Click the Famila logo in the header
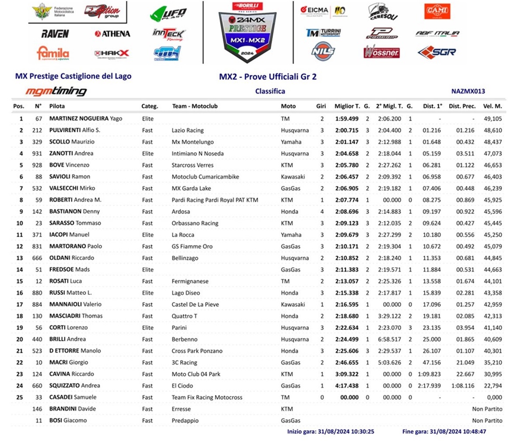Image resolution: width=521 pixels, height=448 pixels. (53, 53)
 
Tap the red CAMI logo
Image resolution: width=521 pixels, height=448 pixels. (437, 11)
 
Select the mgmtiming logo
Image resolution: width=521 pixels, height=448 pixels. (56, 91)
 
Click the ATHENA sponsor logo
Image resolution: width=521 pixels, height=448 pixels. (113, 34)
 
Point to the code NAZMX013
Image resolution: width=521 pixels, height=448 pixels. (468, 91)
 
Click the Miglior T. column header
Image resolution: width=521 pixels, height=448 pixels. (347, 106)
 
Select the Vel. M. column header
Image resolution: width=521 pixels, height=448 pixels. (493, 106)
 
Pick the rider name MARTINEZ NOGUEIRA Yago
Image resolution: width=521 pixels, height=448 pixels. (86, 119)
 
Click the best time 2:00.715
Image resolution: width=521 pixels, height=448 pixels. (347, 130)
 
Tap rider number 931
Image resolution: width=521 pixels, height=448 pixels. (37, 154)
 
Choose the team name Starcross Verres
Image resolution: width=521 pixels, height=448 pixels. (193, 165)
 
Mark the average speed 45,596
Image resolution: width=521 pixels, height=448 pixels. (493, 212)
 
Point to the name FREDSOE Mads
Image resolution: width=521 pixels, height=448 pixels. (70, 269)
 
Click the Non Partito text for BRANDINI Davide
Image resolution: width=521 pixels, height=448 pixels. (487, 409)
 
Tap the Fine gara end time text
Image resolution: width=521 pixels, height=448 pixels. (444, 432)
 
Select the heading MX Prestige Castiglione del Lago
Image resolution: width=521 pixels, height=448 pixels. (73, 76)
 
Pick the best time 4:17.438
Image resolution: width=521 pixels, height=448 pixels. (347, 386)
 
